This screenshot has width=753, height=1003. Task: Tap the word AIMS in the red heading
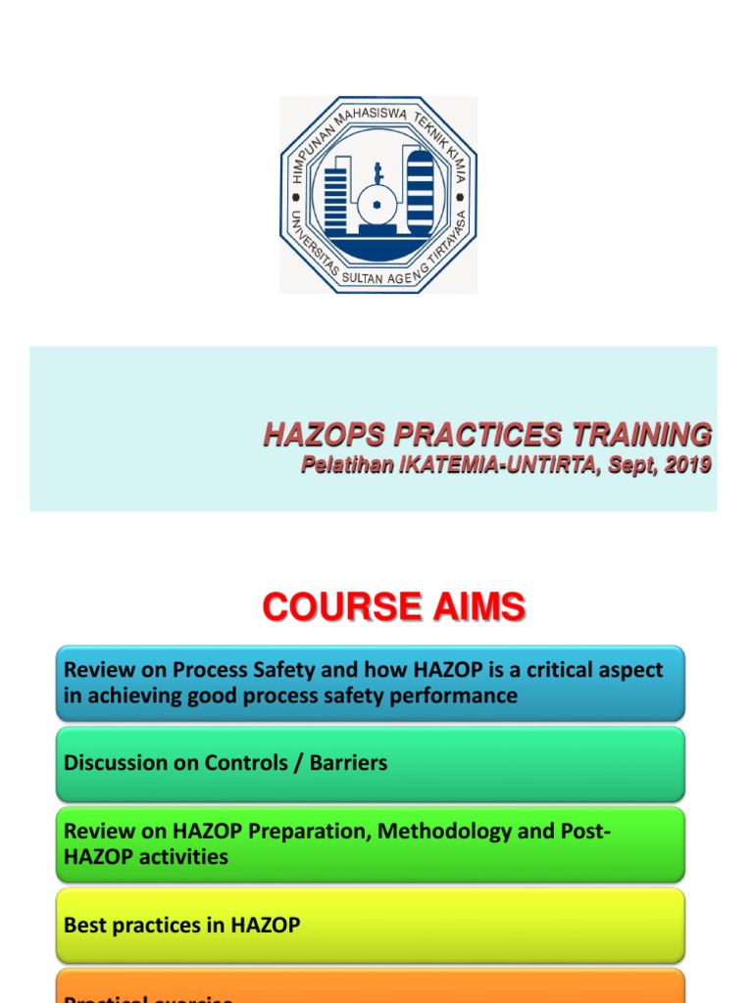click(475, 607)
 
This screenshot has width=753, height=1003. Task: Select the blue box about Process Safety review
click(371, 683)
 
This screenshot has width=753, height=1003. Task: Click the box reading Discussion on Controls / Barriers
click(371, 763)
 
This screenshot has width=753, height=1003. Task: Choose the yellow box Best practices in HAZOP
click(371, 925)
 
